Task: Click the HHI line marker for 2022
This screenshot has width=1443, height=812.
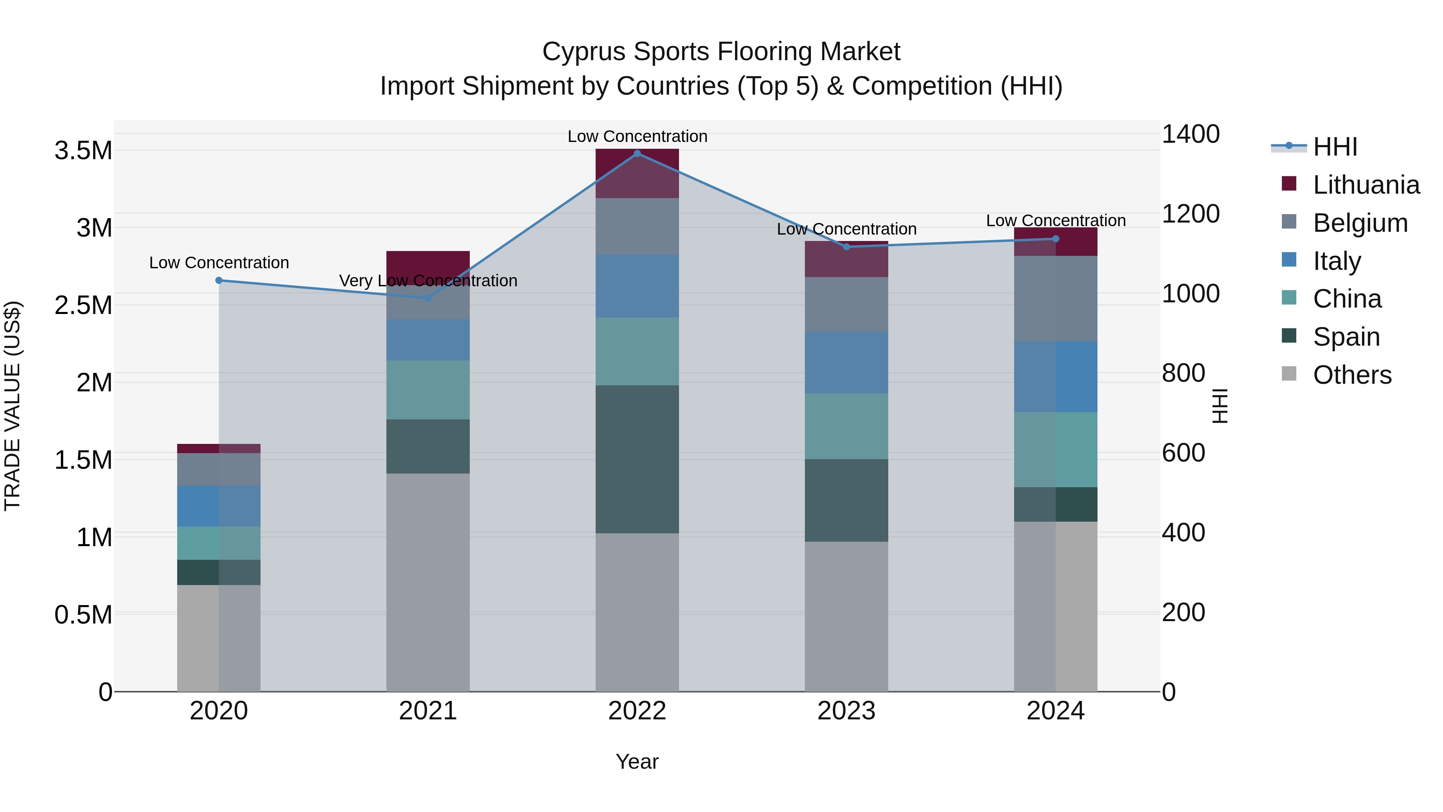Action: click(637, 153)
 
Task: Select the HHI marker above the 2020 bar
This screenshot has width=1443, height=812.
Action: click(219, 280)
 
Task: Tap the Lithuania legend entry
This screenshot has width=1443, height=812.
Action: click(1365, 185)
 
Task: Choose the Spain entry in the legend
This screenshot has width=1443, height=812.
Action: click(1346, 337)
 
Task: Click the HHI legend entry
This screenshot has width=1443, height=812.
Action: click(1334, 147)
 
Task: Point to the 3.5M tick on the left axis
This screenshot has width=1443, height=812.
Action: click(83, 151)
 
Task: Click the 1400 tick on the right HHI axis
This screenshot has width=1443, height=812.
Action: click(1190, 134)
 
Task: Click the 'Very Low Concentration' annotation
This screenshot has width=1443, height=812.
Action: click(428, 280)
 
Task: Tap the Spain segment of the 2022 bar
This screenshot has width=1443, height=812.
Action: click(637, 459)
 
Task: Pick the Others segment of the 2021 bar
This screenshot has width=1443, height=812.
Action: click(428, 583)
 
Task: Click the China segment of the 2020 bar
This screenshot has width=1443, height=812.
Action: click(219, 543)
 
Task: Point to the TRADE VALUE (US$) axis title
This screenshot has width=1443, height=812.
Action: click(12, 406)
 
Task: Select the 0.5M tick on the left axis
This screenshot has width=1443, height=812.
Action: click(83, 615)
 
